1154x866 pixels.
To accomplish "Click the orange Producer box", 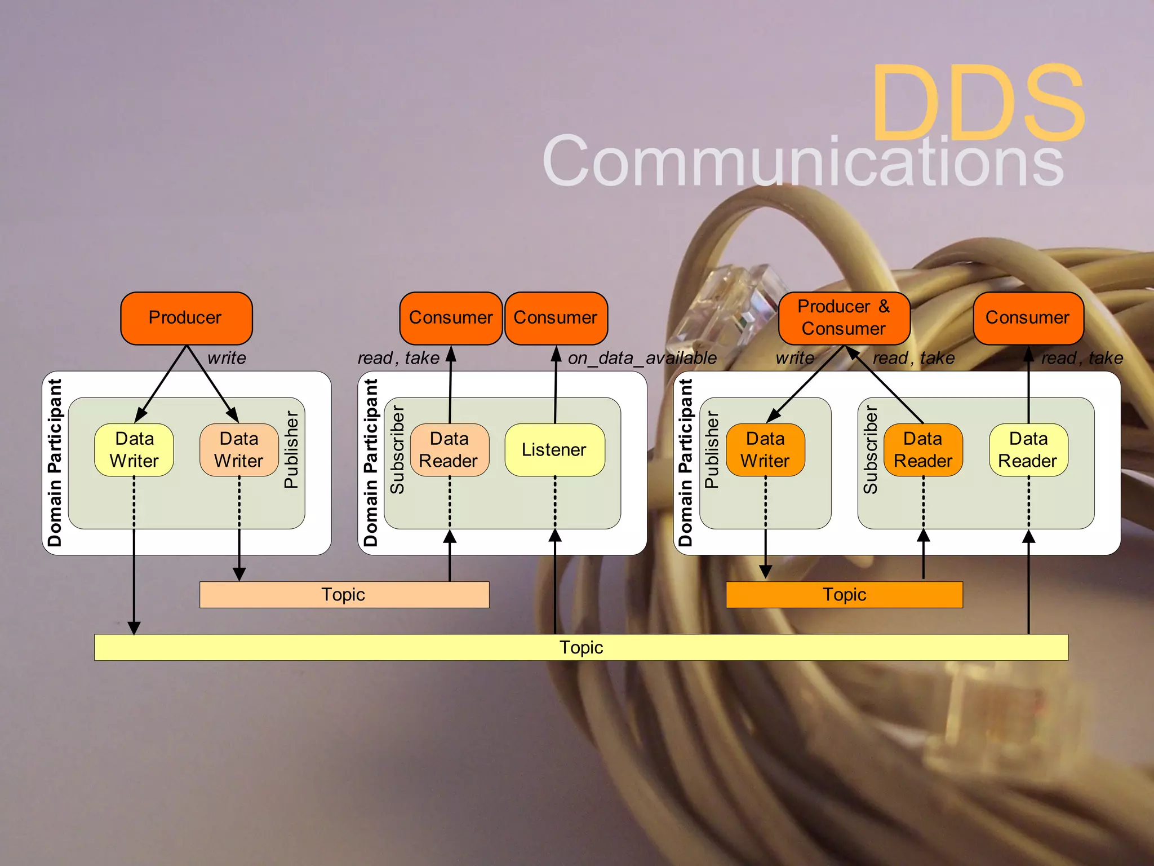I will pyautogui.click(x=186, y=318).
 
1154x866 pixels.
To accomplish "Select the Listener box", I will pyautogui.click(x=554, y=450).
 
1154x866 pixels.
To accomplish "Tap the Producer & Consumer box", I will pyautogui.click(x=844, y=318).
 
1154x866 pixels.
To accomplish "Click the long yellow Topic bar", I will pyautogui.click(x=581, y=647).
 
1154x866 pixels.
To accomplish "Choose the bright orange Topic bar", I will pyautogui.click(x=844, y=595).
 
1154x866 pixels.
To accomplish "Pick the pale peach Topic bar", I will pyautogui.click(x=344, y=595).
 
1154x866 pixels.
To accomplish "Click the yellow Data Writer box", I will pyautogui.click(x=134, y=450).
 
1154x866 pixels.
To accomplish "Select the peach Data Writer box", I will pyautogui.click(x=239, y=450).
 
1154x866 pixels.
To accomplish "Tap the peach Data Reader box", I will pyautogui.click(x=449, y=450).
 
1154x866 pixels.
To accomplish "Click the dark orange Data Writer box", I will pyautogui.click(x=765, y=450).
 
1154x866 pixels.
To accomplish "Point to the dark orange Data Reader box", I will pyautogui.click(x=923, y=450).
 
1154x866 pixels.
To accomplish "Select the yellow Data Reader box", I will pyautogui.click(x=1028, y=450).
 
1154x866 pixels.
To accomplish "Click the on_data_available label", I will pyautogui.click(x=642, y=358).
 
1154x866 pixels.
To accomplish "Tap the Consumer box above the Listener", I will pyautogui.click(x=556, y=318).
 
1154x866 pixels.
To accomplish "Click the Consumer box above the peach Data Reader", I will pyautogui.click(x=451, y=318).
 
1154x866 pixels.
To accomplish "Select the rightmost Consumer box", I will pyautogui.click(x=1028, y=318).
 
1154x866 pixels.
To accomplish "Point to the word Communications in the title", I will pyautogui.click(x=803, y=161).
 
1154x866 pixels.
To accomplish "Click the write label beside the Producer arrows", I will pyautogui.click(x=227, y=358).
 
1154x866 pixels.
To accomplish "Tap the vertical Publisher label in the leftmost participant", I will pyautogui.click(x=291, y=449).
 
